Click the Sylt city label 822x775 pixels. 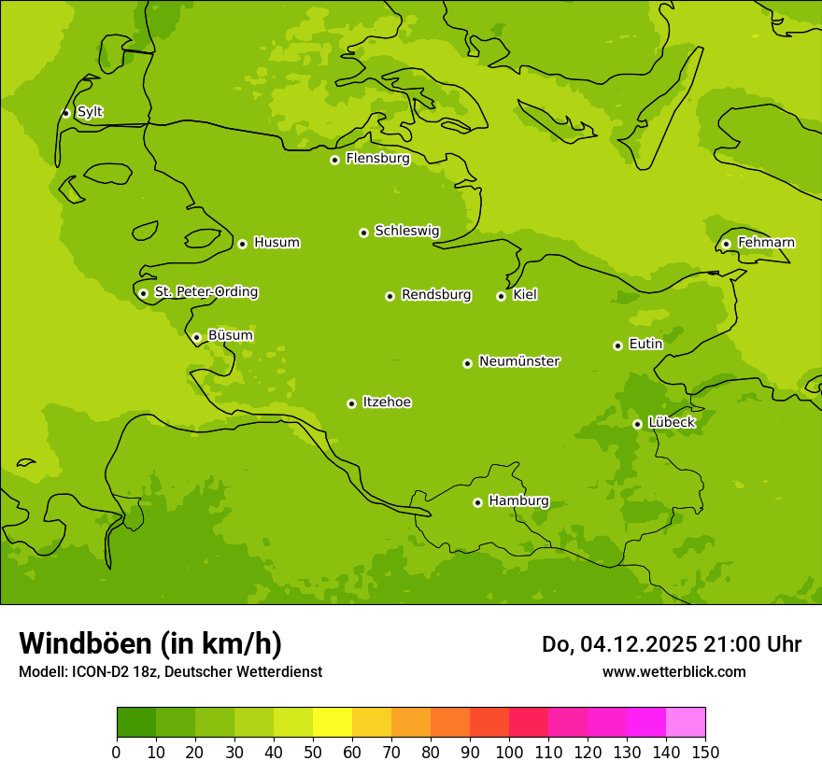point(90,112)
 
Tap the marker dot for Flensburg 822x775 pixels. point(334,160)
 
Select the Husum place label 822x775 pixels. point(276,243)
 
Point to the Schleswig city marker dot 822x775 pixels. point(363,232)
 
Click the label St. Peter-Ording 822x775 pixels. point(205,292)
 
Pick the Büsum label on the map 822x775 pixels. point(230,335)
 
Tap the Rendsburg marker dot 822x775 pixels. point(390,296)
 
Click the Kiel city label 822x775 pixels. point(525,295)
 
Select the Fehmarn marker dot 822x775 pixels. point(726,244)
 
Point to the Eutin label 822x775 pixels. point(645,345)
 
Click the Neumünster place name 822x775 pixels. point(518,361)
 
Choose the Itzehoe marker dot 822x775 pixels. point(351,403)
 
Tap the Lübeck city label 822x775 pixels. point(672,422)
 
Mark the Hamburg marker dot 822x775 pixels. point(477,502)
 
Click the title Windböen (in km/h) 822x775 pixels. point(150,643)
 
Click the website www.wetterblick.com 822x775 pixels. point(673,671)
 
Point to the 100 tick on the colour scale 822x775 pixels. point(509,752)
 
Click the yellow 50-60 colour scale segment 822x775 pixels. point(333,723)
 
